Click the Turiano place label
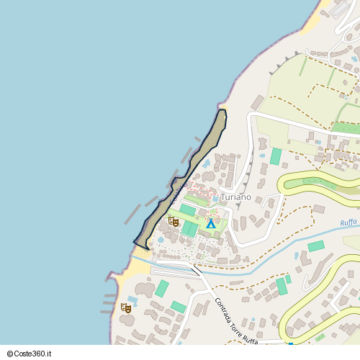coord(236,197)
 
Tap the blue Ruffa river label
coord(349,224)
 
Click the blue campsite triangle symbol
coord(211,224)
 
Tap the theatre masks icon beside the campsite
coord(173,222)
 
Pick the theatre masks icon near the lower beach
coord(126,308)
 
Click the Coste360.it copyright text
coord(32,354)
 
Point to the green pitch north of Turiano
coord(276,156)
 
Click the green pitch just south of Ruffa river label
coord(316,246)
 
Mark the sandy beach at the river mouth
coord(133,271)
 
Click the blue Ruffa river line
coord(288,251)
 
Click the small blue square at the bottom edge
coord(290,344)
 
